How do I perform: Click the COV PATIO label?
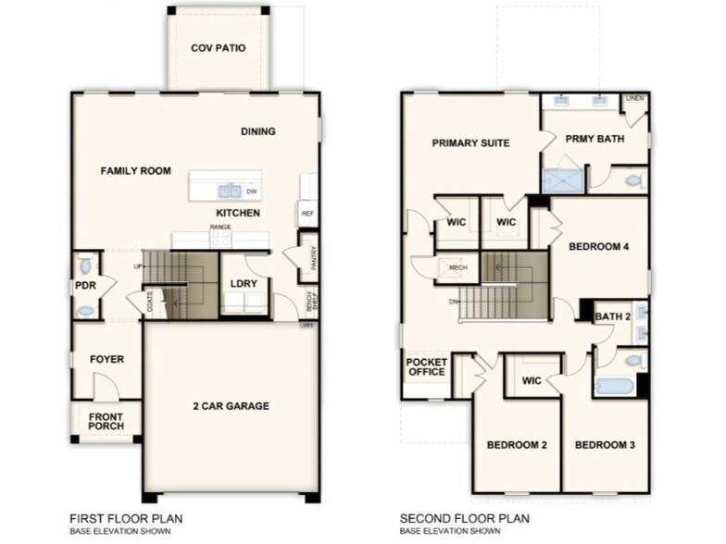click(219, 48)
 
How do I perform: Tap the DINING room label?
click(258, 131)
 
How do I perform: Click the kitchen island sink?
click(229, 191)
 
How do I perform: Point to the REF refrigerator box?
click(307, 214)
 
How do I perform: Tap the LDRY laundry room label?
click(244, 283)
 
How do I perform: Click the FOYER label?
click(106, 359)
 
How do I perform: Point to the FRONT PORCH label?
click(106, 422)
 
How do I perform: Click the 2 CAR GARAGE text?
click(231, 406)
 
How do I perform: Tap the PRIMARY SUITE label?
click(471, 142)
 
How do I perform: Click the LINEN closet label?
click(635, 97)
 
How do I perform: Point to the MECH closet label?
click(457, 268)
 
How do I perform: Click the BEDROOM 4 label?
click(599, 247)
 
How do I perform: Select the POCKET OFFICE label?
click(426, 365)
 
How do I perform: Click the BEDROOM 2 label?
click(517, 445)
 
